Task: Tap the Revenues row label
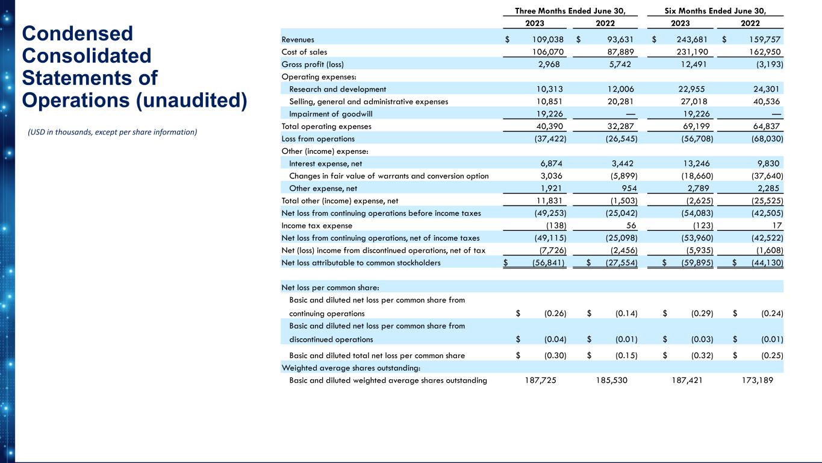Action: pyautogui.click(x=297, y=39)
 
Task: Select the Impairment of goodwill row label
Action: pyautogui.click(x=327, y=114)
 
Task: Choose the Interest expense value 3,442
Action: pyautogui.click(x=618, y=163)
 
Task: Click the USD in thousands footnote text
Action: pyautogui.click(x=113, y=132)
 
